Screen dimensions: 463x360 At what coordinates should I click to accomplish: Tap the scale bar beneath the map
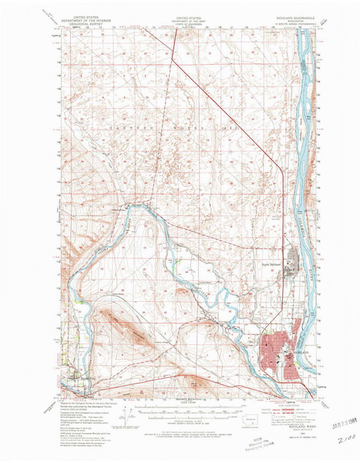coord(184,405)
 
